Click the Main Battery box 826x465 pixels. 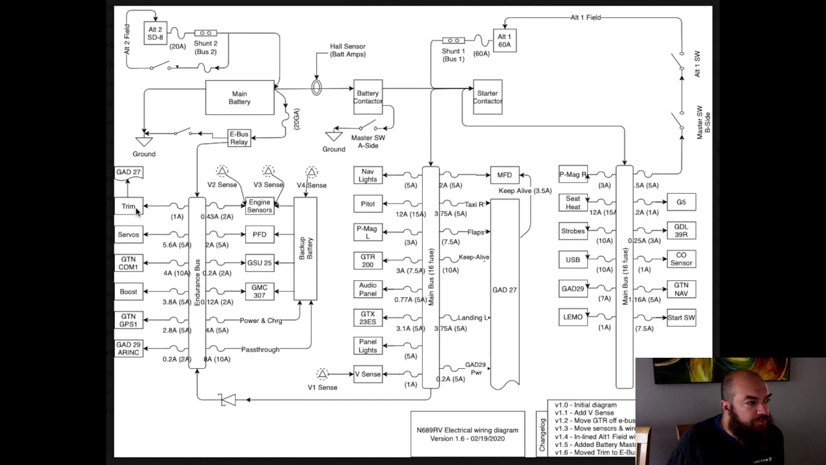[239, 98]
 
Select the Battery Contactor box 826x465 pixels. [368, 97]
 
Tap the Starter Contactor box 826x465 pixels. [487, 97]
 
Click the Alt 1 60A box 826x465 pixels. [504, 41]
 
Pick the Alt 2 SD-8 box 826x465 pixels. [156, 34]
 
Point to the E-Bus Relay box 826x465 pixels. [239, 138]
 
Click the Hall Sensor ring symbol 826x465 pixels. [316, 87]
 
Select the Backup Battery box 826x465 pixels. [305, 249]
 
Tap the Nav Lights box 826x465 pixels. [368, 175]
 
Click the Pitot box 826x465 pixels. [368, 204]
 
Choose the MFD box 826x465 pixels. [505, 175]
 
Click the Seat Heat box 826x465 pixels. [573, 203]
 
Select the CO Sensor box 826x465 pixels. [681, 259]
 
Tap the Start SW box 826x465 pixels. [681, 317]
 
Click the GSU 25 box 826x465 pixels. [259, 263]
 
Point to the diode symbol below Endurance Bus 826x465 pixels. [227, 400]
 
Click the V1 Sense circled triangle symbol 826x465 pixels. [322, 374]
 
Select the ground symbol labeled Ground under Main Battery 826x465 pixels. [144, 141]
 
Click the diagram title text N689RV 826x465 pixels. [467, 430]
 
